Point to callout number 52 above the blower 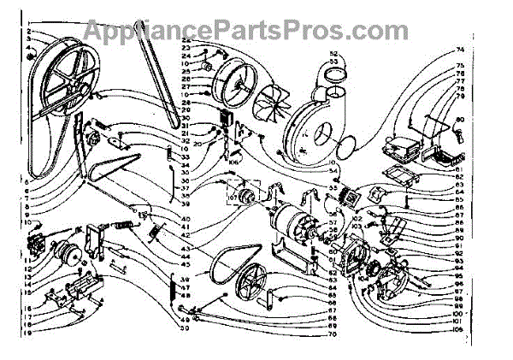pyautogui.click(x=333, y=55)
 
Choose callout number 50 pyautogui.click(x=182, y=328)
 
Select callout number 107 pyautogui.click(x=231, y=199)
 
